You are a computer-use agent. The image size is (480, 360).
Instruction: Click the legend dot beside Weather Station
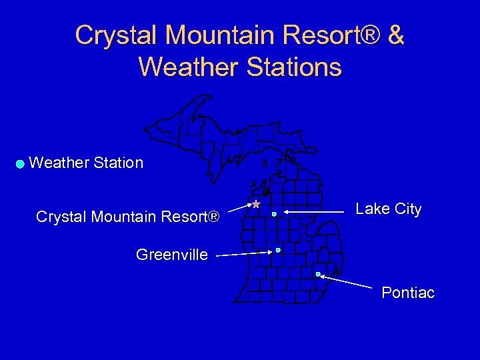point(21,163)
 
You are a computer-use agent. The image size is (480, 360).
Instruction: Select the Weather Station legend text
point(86,163)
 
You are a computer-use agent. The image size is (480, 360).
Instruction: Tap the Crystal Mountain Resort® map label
point(127,217)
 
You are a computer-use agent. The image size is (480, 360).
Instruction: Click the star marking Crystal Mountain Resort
point(255,204)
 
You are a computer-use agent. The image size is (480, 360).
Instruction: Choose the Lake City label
point(388,209)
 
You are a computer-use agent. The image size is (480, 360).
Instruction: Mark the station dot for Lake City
point(274,214)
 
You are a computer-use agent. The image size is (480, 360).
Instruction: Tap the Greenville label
point(171,254)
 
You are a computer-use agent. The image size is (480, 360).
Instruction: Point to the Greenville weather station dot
point(278,250)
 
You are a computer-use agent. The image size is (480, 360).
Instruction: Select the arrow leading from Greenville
point(243,253)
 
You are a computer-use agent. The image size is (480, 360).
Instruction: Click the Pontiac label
point(407,293)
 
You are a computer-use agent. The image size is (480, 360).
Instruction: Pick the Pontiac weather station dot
point(318,274)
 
